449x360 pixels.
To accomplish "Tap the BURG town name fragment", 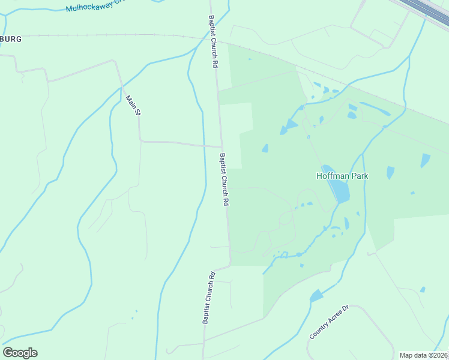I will pos(11,39).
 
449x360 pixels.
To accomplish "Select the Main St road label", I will pos(133,104).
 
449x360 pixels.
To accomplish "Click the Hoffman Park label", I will pos(342,176).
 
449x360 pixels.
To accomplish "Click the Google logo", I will pos(20,353).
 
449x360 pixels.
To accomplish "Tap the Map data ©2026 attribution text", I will pos(424,355).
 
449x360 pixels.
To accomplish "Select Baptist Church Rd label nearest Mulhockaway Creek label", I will pos(212,41).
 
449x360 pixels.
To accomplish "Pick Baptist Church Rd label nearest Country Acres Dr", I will pos(208,299).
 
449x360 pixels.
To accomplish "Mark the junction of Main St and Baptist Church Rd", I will pos(221,146).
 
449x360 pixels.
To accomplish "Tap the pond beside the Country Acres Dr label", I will pos(316,296).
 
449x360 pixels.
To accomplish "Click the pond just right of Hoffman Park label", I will pos(391,173).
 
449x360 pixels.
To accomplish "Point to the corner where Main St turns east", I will pos(140,141).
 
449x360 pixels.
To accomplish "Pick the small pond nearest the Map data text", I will pos(423,289).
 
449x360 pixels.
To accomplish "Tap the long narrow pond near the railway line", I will pos(375,109).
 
